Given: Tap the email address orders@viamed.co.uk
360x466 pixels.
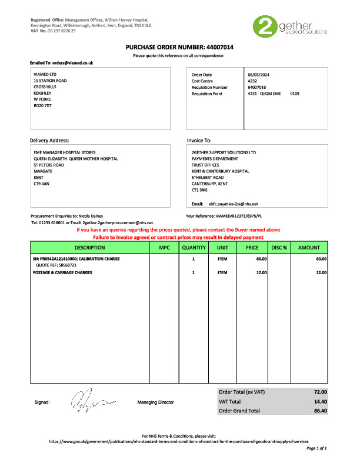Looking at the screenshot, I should click(x=72, y=62).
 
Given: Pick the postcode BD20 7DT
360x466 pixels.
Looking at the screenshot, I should click(x=43, y=105).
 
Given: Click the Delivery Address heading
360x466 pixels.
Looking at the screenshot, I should click(x=49, y=141).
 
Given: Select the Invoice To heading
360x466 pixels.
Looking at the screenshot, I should click(x=199, y=141).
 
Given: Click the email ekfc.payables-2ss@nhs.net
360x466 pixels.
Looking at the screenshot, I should click(x=233, y=204).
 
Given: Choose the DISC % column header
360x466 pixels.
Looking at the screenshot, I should click(x=279, y=248).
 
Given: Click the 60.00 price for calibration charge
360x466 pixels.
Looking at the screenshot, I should click(x=261, y=258).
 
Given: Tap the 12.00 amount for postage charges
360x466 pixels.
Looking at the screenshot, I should click(x=321, y=272).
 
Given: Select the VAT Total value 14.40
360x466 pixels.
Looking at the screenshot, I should click(x=321, y=401).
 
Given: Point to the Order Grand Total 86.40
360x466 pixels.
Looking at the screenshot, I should click(x=321, y=410).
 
